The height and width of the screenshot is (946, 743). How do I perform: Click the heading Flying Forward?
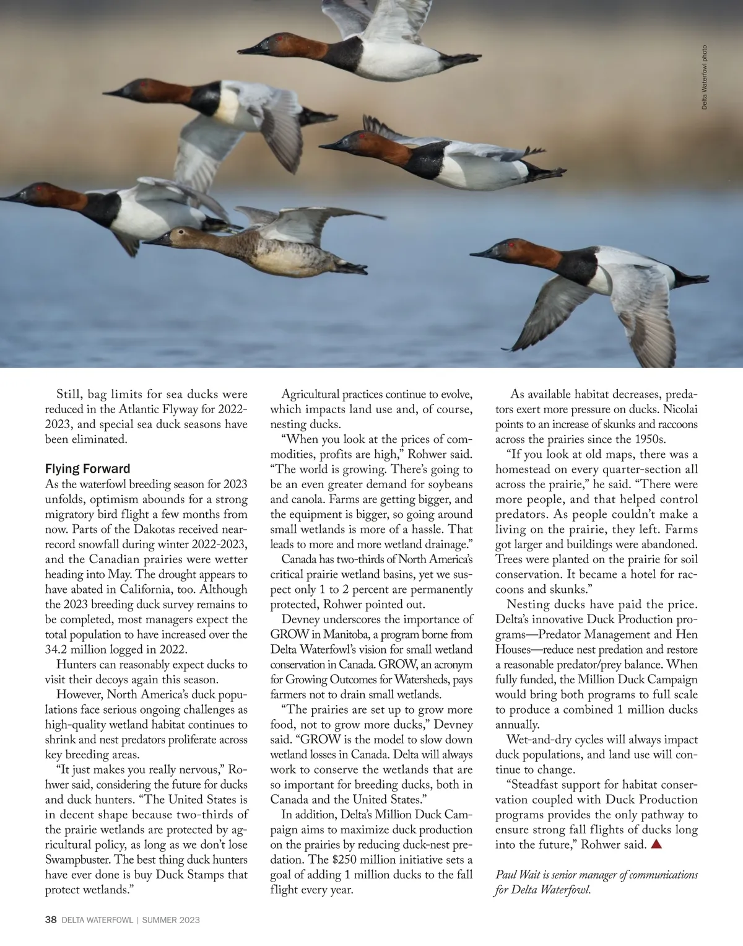coord(87,469)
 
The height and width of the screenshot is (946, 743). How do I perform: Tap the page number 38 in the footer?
coord(51,920)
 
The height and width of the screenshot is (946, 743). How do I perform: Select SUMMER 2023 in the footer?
coord(171,920)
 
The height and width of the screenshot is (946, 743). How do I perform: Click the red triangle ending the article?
coord(657,844)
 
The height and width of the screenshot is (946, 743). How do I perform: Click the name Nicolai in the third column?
coord(680,409)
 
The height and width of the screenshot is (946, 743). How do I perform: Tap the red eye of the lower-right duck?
coord(511,245)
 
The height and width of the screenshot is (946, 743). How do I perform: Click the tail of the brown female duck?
coord(350,269)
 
